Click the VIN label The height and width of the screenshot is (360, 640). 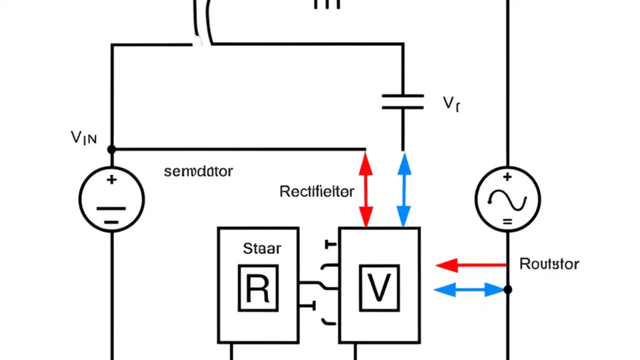click(x=83, y=137)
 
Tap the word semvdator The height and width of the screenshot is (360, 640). click(x=198, y=171)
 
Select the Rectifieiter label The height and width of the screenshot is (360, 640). click(x=316, y=191)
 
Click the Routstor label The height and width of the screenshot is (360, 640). click(x=549, y=263)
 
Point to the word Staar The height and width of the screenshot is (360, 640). click(x=262, y=248)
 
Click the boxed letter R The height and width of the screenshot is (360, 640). click(x=258, y=288)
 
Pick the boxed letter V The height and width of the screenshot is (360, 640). click(x=379, y=288)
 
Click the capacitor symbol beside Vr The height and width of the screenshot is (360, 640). click(x=403, y=101)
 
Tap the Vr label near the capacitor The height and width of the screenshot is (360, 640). click(x=451, y=103)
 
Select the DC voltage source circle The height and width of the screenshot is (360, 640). click(x=111, y=199)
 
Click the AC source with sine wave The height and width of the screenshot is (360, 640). click(x=507, y=199)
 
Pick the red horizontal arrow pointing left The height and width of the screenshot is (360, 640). click(x=470, y=265)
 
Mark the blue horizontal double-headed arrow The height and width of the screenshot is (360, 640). click(x=469, y=289)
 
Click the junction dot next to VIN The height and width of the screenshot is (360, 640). click(x=111, y=149)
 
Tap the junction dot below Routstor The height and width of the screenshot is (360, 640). click(x=507, y=289)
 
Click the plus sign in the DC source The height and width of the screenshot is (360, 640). click(x=111, y=179)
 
